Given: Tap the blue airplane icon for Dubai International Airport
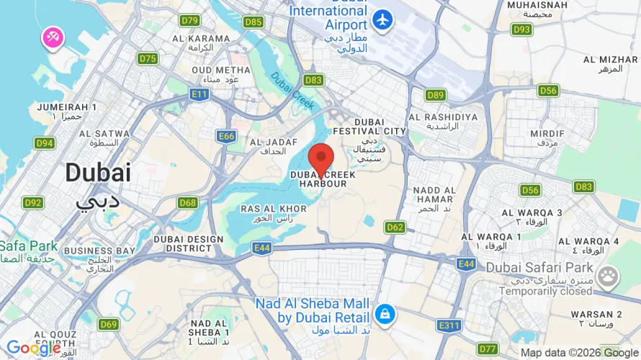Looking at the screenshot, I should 382,19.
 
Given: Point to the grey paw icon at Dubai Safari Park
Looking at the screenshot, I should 609,275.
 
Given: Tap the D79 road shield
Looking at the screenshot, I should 189,21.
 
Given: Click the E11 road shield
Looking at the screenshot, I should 200,94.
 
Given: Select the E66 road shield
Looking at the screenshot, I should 227,136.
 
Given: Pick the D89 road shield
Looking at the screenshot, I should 435,94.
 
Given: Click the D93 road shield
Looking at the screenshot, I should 522,30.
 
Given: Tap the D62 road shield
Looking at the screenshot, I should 395,227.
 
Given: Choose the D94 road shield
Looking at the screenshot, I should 45,143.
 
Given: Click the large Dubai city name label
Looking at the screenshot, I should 98,173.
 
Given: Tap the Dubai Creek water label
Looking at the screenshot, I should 292,92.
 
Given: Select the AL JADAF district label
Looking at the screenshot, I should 268,143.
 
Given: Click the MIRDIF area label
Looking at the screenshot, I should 547,133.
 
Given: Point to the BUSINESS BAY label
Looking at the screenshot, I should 99,251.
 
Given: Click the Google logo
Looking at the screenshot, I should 32,348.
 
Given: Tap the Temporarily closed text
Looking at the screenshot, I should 539,292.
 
